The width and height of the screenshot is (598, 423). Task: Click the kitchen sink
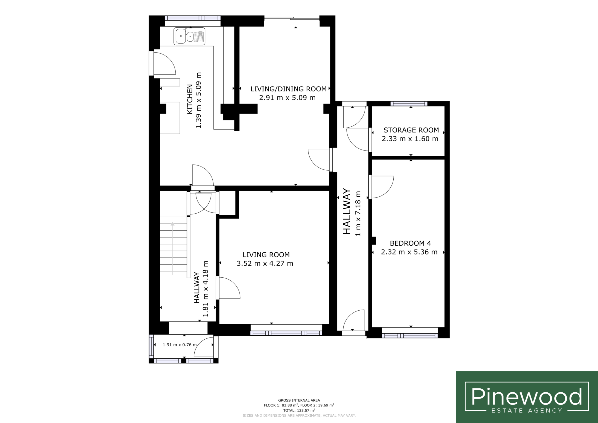(x=189, y=36)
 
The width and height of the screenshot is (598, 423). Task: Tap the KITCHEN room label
(x=190, y=99)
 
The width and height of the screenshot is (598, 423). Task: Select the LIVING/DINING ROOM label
(x=288, y=89)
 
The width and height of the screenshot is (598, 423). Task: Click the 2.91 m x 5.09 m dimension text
(x=287, y=98)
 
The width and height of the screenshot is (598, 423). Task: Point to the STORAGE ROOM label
(x=411, y=130)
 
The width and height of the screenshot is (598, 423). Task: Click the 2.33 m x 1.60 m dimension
(x=410, y=139)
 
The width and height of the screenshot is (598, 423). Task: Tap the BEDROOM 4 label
(x=410, y=244)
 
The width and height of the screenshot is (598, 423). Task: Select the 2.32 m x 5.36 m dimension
(x=409, y=252)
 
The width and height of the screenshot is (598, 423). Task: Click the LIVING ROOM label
(x=266, y=255)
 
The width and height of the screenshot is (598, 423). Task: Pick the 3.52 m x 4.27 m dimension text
(x=265, y=263)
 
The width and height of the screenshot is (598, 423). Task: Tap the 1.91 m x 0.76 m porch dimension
(x=179, y=345)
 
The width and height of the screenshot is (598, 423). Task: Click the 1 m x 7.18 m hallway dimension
(x=358, y=213)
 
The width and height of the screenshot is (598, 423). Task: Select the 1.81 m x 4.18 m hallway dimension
(x=206, y=289)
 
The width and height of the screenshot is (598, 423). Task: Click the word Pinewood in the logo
(x=527, y=396)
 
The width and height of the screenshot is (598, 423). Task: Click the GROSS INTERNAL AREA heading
(x=299, y=400)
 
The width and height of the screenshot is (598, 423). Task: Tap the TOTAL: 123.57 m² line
(x=299, y=410)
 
